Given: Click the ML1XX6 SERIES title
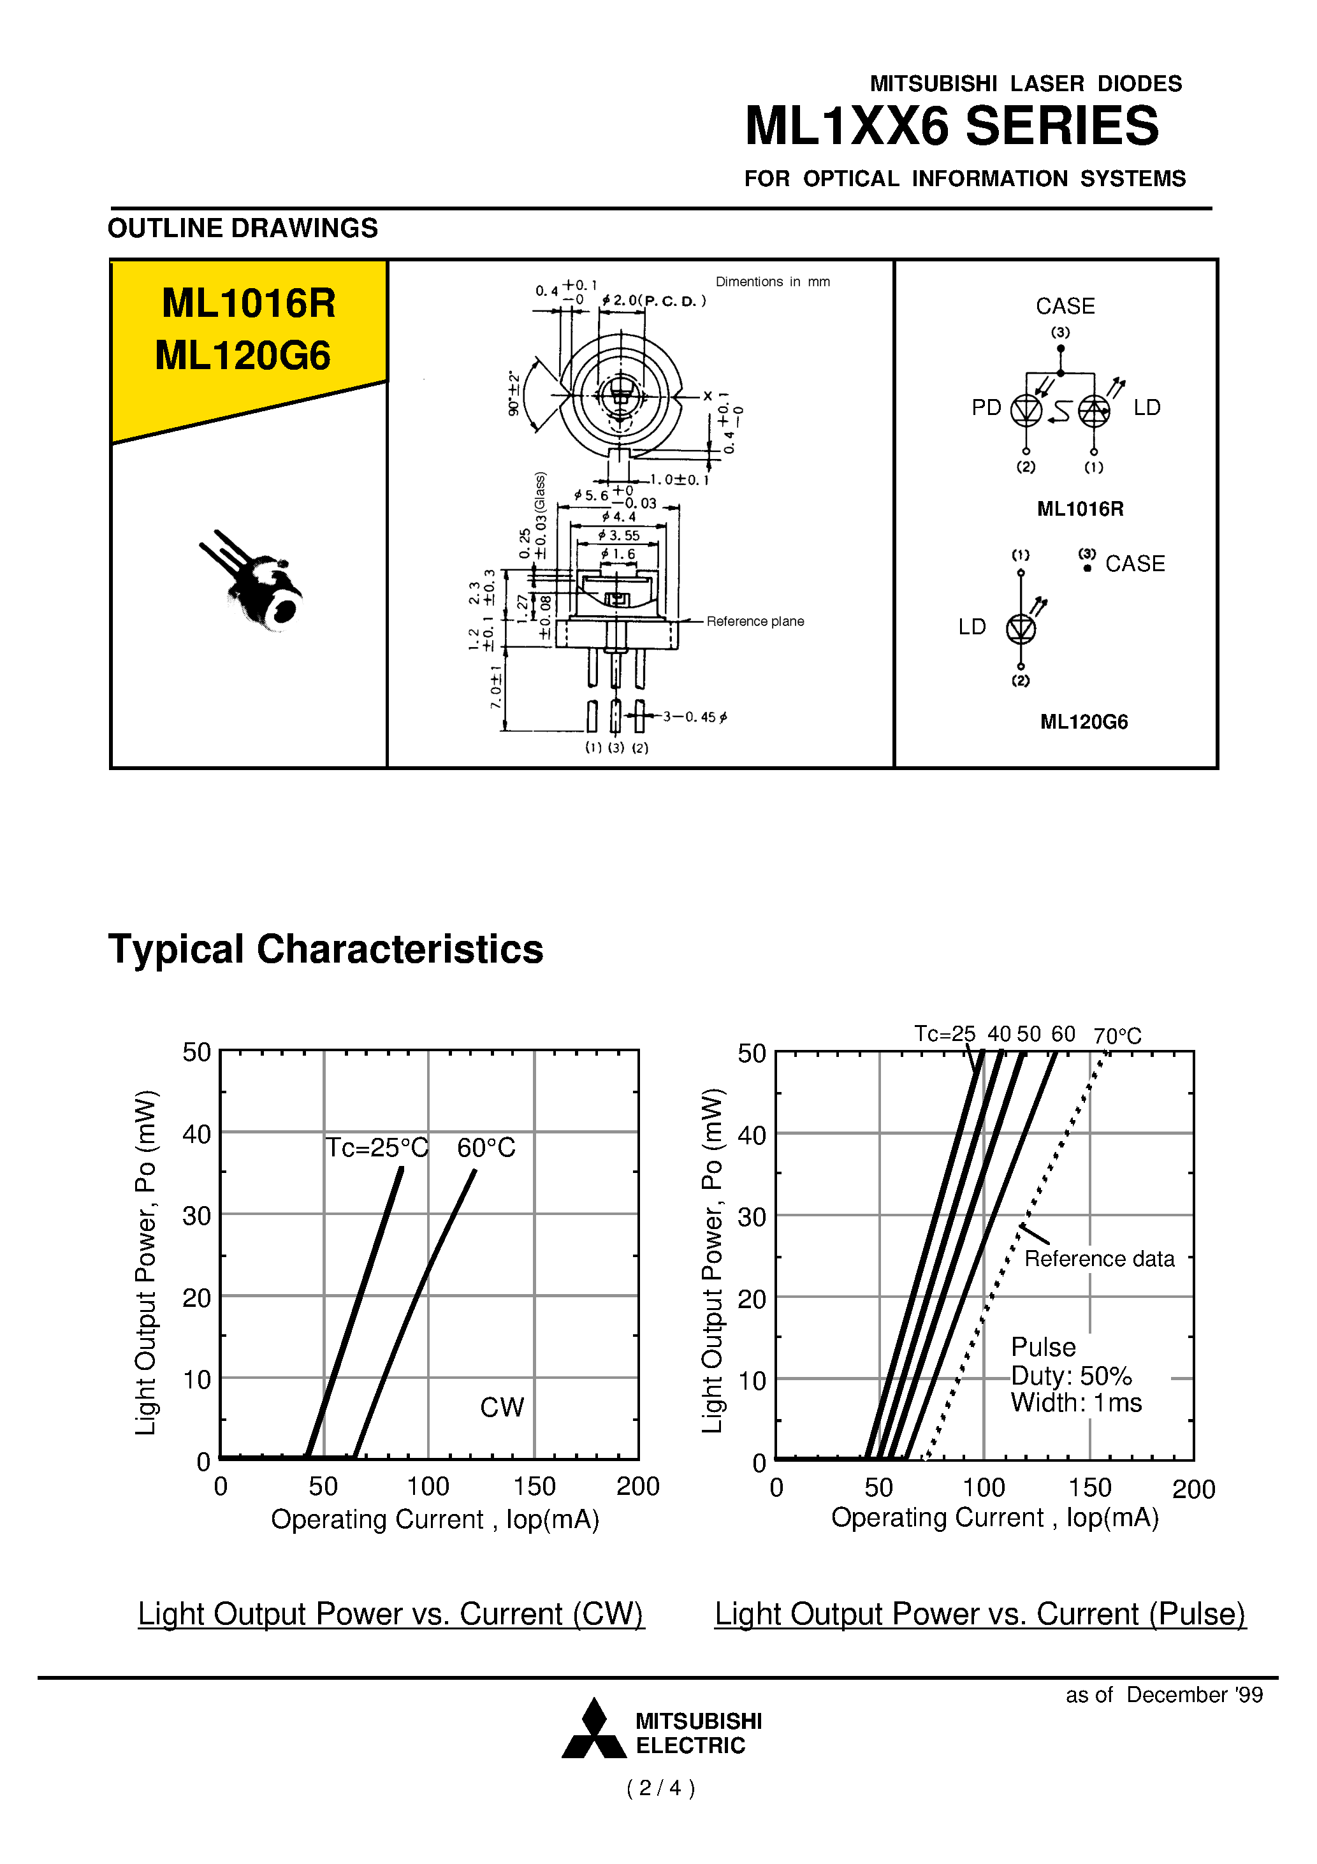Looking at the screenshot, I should point(952,127).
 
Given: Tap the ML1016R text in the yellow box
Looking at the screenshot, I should point(249,303).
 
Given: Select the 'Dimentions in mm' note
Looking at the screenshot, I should point(772,282).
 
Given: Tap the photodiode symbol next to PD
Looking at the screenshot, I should point(1026,411).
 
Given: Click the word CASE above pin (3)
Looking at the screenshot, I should point(1065,306).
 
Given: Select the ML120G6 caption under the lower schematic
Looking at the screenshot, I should point(1083,722).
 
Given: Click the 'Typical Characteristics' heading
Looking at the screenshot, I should point(326,949).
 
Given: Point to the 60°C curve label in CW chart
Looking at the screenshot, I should point(486,1147).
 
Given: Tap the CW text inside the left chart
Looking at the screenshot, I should point(502,1407).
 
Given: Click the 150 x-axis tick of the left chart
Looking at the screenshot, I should point(534,1487).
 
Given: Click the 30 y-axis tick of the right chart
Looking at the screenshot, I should point(751,1217).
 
